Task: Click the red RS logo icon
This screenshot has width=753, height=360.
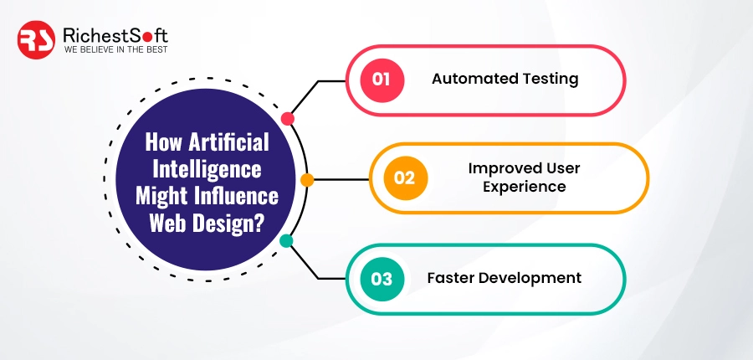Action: coord(37,39)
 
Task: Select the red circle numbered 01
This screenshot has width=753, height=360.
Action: coord(382,80)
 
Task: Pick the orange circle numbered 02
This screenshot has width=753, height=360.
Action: coord(405,177)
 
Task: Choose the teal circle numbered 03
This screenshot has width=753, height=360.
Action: coord(382,279)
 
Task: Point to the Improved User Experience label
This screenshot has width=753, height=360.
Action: coord(524,177)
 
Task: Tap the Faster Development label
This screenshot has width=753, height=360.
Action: coord(504,279)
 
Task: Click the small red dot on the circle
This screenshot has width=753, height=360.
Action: coord(288,118)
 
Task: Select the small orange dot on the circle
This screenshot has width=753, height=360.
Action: coord(307,179)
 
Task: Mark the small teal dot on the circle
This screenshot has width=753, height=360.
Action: coord(286,241)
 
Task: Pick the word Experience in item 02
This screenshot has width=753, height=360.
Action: coord(524,187)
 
